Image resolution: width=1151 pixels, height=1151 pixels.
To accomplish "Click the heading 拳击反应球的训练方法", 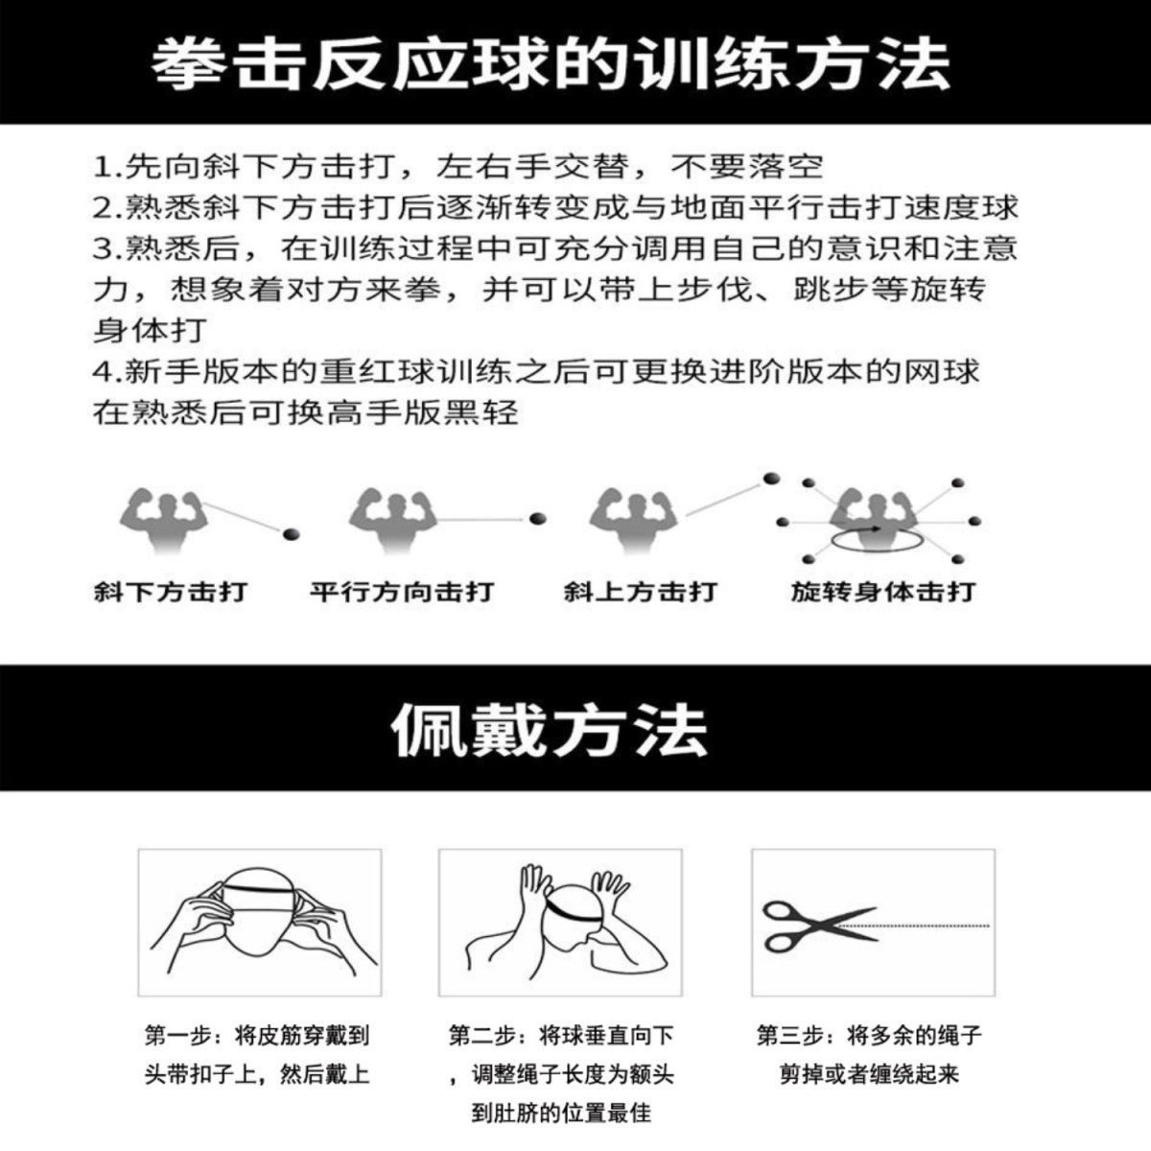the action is tap(551, 64).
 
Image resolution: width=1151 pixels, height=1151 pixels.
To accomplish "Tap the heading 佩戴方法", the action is tap(550, 731).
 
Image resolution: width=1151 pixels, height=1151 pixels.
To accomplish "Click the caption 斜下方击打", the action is tap(171, 592).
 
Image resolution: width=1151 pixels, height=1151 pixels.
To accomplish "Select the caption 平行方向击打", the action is tap(401, 592).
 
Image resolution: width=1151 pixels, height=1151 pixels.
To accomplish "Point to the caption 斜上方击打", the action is tap(640, 592).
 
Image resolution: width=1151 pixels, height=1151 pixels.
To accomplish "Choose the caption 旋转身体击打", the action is tap(882, 592).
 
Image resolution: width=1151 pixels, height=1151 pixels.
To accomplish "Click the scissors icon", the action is tap(819, 927).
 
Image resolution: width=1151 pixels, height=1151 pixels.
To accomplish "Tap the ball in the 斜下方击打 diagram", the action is tap(291, 533).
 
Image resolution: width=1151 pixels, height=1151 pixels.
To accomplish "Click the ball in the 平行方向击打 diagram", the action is tap(537, 518).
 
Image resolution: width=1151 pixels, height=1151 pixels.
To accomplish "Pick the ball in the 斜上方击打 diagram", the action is tap(771, 479).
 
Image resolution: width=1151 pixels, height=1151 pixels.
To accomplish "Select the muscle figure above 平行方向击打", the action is tap(393, 520).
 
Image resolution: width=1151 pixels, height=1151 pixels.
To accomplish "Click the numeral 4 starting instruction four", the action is tap(100, 371).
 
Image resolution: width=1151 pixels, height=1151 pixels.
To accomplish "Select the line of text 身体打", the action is tap(151, 330).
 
